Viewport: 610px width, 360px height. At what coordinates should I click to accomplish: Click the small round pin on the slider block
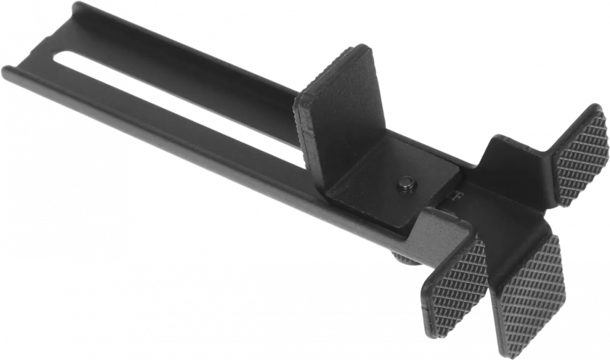406,184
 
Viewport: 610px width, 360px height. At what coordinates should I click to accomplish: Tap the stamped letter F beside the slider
458,196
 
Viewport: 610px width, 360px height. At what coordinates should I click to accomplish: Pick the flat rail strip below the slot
189,120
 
